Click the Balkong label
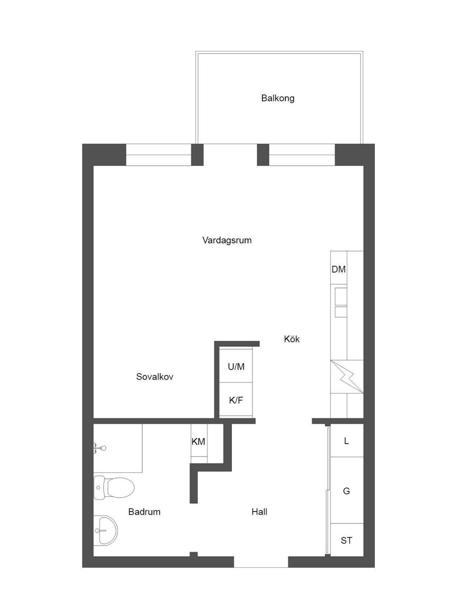(x=278, y=98)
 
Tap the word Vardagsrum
(x=227, y=240)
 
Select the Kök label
(x=291, y=339)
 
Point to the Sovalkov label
(x=155, y=377)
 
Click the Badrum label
(x=144, y=512)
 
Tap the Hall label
(x=259, y=512)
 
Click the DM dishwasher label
(x=338, y=269)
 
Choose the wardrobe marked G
(x=347, y=491)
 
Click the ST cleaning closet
(x=347, y=540)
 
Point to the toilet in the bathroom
(x=114, y=487)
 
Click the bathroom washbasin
(x=105, y=530)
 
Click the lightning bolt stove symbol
(x=347, y=377)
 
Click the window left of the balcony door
(x=159, y=155)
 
